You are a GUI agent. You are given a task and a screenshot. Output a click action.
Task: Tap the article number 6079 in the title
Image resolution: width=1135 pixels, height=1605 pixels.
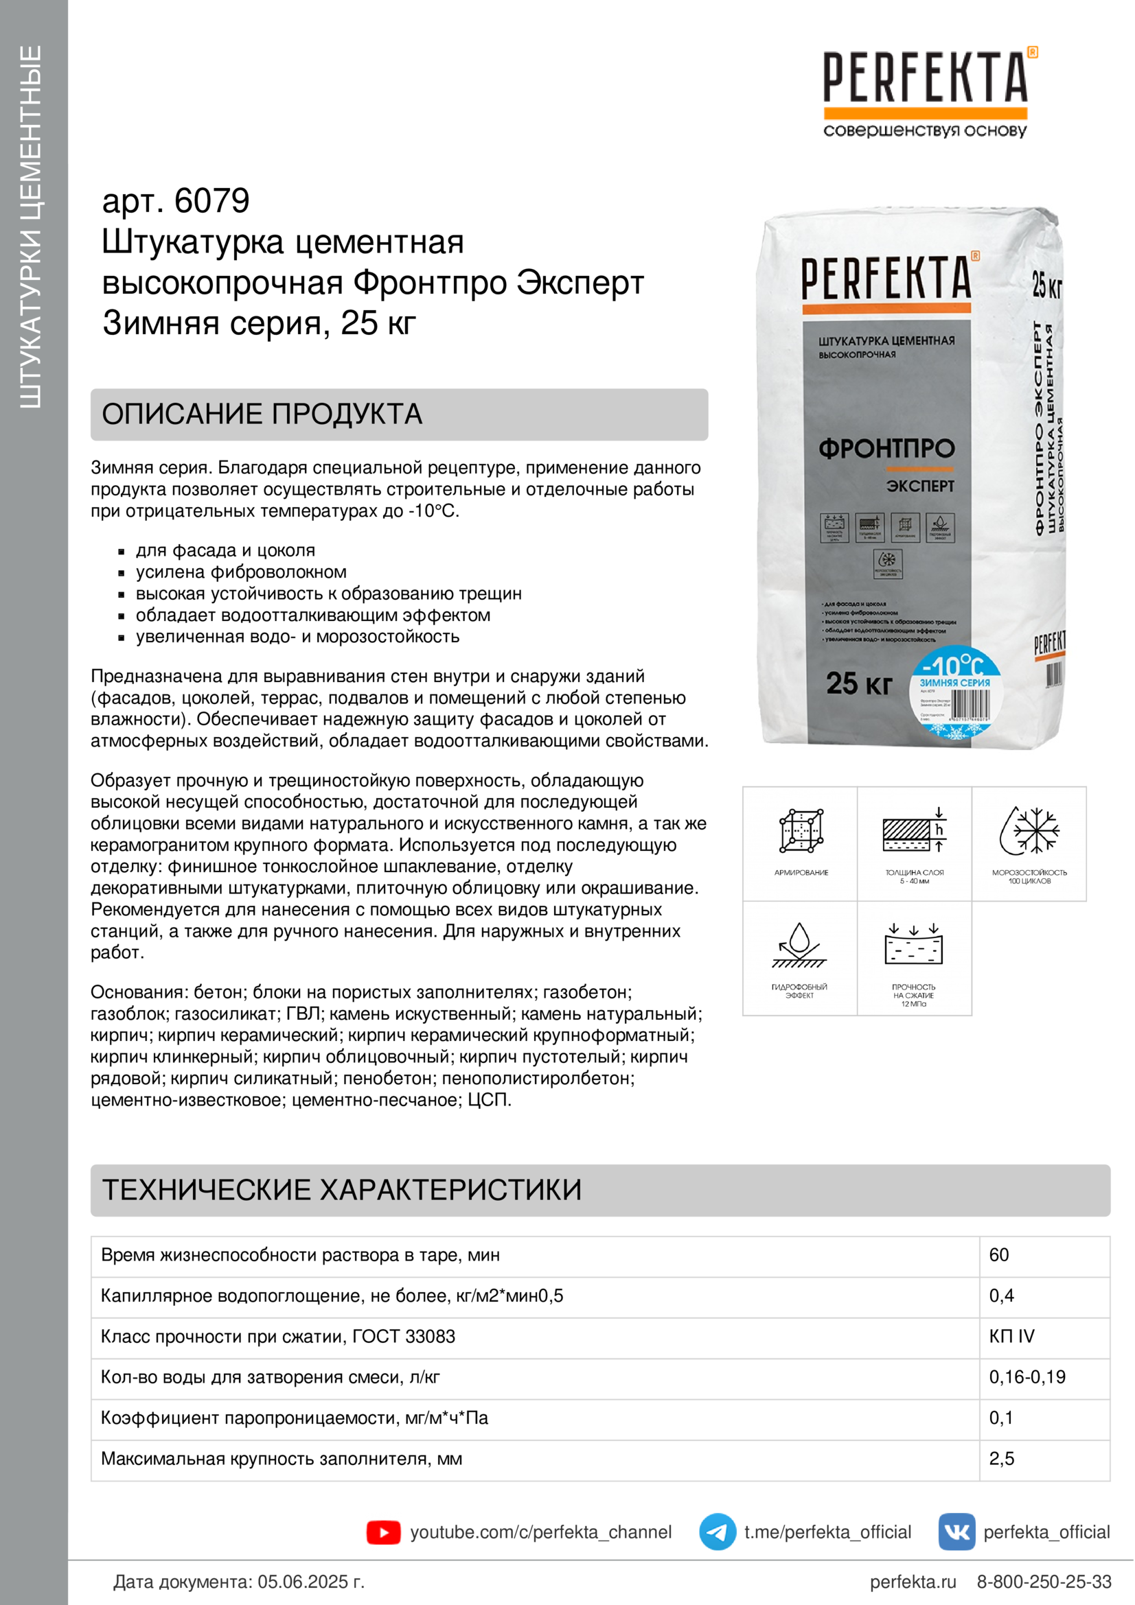(211, 201)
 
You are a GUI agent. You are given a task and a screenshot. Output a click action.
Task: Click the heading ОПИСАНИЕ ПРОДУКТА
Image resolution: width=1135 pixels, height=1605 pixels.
(262, 414)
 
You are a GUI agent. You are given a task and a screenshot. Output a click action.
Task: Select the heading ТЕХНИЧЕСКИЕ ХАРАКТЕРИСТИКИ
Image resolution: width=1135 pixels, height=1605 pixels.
(342, 1190)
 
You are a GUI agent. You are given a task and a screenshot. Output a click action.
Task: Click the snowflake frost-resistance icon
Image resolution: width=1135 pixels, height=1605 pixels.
(1029, 831)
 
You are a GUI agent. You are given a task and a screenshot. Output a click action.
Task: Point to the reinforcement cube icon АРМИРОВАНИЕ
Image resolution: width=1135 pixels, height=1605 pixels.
(801, 831)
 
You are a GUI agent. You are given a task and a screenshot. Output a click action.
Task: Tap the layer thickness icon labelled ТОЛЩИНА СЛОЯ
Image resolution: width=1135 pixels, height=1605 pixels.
(915, 831)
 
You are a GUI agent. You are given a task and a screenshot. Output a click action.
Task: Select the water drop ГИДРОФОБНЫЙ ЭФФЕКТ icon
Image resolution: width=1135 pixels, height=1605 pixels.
(799, 946)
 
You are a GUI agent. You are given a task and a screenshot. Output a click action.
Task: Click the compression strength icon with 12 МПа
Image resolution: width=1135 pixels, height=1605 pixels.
(914, 946)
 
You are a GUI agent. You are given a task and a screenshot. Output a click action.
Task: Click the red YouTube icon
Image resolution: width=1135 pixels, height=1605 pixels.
(383, 1532)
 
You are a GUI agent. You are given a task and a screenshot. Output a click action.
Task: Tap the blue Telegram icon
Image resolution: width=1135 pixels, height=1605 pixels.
(718, 1532)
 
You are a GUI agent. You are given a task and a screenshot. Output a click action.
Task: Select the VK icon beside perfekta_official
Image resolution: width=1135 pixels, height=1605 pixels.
(956, 1532)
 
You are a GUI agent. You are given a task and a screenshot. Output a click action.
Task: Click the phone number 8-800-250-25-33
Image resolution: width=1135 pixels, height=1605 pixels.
(1044, 1582)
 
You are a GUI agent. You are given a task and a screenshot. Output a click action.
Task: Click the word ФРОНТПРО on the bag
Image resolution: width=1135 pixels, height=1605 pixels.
(886, 449)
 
